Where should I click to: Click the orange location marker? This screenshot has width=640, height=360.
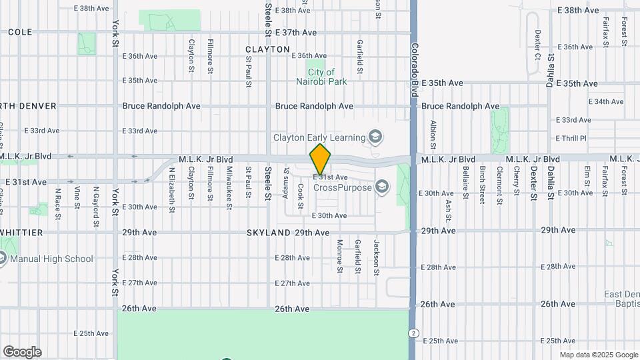point(320,159)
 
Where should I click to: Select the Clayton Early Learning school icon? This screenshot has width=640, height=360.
point(375,137)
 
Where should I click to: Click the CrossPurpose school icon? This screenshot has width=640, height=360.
point(381,186)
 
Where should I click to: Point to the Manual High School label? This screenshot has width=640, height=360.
point(51,259)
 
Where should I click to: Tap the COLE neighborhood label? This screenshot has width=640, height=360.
point(20,32)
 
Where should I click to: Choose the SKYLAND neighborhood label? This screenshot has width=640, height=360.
point(267,233)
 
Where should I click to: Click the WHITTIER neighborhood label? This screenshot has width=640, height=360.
point(21,233)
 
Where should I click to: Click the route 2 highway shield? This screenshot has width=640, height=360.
point(414,333)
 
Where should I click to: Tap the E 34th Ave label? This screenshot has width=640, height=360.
point(606,101)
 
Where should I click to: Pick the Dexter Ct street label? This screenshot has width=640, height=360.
point(537,45)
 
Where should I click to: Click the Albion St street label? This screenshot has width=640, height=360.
point(433,134)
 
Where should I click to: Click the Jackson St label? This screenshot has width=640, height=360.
point(376,257)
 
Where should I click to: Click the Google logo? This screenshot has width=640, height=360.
point(22,351)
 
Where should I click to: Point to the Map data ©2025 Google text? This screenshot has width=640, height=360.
point(598,355)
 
